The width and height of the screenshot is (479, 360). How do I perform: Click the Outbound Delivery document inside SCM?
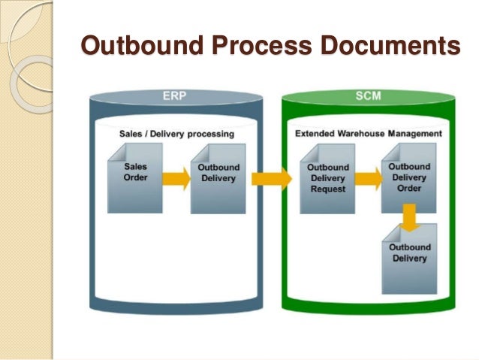(409, 259)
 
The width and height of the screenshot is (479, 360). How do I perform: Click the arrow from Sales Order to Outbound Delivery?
(176, 178)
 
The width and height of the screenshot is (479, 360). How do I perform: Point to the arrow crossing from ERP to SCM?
(271, 178)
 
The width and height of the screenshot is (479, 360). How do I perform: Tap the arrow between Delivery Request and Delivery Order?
(368, 178)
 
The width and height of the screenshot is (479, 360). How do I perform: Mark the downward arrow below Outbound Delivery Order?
(409, 218)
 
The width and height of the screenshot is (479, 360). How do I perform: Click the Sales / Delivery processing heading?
(176, 134)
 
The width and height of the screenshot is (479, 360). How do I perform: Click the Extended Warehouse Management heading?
(368, 134)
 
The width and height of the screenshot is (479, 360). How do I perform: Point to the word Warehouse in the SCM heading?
(361, 134)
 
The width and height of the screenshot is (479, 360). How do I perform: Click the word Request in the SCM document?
(327, 189)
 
